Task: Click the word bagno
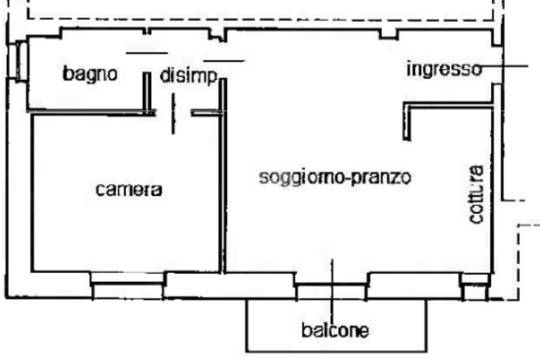(90, 74)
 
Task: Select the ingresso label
(444, 69)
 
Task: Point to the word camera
(129, 190)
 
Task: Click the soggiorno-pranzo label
(335, 177)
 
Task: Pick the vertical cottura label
(477, 195)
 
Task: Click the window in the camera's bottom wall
(127, 285)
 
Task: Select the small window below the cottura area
(475, 287)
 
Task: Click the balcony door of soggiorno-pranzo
(331, 286)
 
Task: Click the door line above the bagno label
(147, 53)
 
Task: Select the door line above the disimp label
(224, 61)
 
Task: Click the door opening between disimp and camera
(173, 112)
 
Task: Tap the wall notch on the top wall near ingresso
(388, 35)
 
